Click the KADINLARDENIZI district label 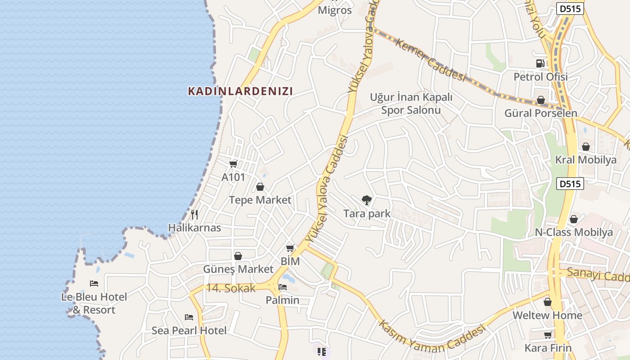[x=240, y=91]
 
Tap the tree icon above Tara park [x=367, y=200]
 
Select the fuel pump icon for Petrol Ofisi [x=540, y=63]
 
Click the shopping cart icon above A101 [x=233, y=164]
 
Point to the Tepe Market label [x=260, y=200]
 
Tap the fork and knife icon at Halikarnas [x=194, y=215]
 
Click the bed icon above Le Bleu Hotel [x=94, y=283]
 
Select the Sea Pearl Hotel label [x=189, y=331]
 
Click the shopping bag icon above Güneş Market [x=238, y=256]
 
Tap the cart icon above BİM [x=290, y=248]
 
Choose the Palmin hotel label [x=282, y=300]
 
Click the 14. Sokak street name [x=231, y=288]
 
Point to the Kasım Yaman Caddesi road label [x=432, y=338]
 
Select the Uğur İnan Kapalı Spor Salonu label [x=411, y=103]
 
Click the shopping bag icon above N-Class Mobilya [x=574, y=219]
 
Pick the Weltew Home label [x=547, y=315]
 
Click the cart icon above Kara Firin [x=548, y=335]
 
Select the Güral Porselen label [x=540, y=113]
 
